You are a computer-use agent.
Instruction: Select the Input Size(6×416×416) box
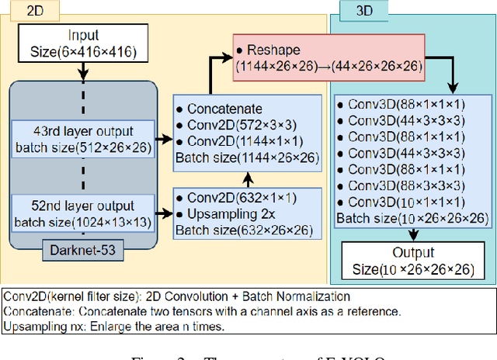coord(83,43)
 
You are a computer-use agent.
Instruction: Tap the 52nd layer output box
coord(83,213)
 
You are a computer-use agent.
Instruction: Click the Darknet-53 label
coord(83,251)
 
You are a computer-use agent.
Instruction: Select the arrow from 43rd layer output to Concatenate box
coord(163,140)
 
